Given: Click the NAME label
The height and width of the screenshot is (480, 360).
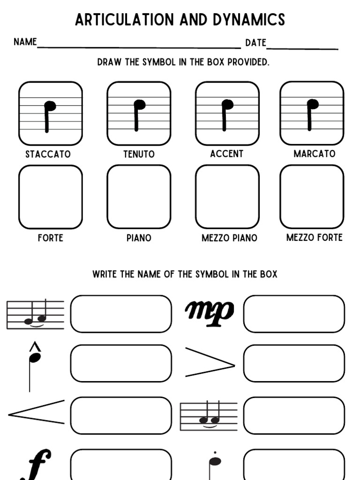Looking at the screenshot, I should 25,42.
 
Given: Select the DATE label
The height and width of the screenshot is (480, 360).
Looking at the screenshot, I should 255,43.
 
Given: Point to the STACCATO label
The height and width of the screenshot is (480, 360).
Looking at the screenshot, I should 48,154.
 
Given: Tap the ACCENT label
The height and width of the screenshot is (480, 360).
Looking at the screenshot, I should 227,154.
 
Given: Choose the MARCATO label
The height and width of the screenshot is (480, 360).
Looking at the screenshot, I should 314,154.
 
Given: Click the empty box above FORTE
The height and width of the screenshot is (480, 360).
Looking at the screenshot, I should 51,197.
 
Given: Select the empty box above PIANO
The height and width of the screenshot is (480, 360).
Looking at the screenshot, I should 139,197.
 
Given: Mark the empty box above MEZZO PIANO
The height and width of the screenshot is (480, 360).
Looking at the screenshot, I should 227,197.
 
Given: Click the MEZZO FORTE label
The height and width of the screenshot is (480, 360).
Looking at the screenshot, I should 314,238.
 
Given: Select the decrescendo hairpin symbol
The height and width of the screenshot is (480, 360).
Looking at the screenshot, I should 210,362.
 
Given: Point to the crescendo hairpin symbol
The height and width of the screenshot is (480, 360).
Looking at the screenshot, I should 37,412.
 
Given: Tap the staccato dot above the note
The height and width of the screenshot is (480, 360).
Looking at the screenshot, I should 215,453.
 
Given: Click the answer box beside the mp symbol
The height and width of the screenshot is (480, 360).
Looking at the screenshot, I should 294,314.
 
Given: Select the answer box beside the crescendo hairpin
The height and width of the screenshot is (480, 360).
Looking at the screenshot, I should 121,415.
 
